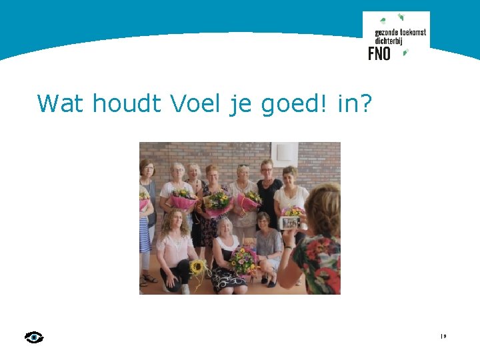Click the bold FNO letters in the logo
click(379, 53)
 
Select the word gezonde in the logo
click(385, 32)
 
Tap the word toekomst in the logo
click(412, 32)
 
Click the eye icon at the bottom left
click(34, 337)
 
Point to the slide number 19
click(443, 336)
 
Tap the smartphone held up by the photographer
click(290, 223)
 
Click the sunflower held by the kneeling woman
click(197, 267)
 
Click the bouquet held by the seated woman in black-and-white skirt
click(243, 259)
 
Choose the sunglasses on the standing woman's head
click(243, 165)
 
